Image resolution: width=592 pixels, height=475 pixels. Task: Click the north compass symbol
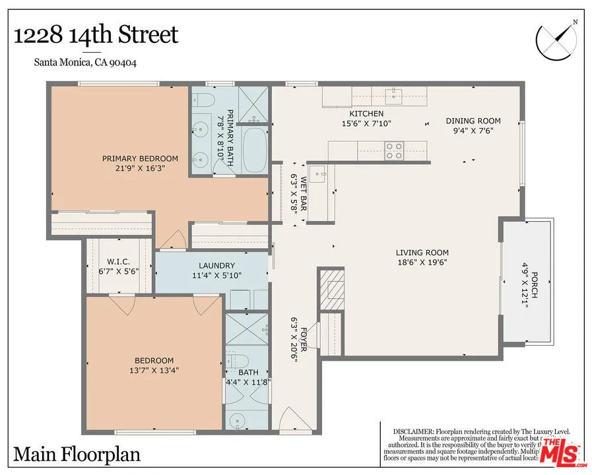click(x=556, y=41)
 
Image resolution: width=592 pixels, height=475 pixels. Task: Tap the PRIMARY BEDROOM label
click(x=140, y=158)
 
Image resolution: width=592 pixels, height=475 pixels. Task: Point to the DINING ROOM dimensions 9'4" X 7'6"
click(x=473, y=131)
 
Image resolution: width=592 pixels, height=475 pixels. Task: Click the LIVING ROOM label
click(x=422, y=253)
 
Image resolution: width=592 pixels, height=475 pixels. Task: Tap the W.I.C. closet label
click(x=118, y=261)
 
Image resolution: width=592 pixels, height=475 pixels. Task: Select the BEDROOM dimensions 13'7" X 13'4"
click(x=154, y=371)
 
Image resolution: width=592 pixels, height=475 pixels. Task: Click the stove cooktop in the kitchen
click(x=394, y=151)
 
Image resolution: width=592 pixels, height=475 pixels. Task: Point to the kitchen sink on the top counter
click(x=393, y=95)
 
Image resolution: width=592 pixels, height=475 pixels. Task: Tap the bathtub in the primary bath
click(x=255, y=150)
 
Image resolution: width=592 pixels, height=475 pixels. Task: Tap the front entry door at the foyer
click(x=290, y=419)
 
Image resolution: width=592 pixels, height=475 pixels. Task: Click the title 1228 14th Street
click(x=96, y=34)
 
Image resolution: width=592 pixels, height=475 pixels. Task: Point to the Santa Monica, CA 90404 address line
click(x=86, y=63)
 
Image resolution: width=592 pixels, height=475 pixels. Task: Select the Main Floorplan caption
click(x=77, y=455)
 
